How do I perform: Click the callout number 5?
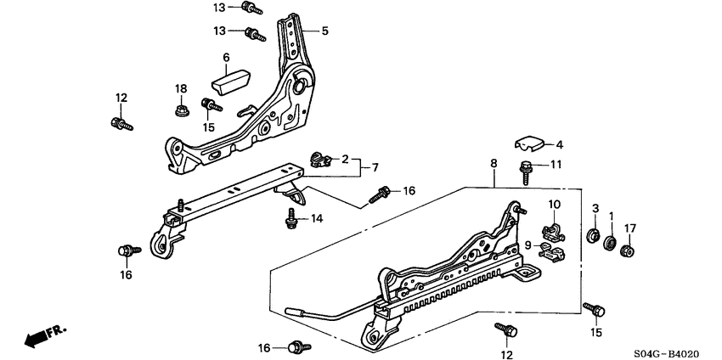click(324, 31)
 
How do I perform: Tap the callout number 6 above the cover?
click(226, 58)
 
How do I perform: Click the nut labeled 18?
click(180, 110)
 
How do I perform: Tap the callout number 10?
click(553, 204)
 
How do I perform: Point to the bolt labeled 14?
click(290, 220)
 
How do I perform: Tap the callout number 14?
click(317, 218)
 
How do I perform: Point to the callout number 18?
click(180, 89)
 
